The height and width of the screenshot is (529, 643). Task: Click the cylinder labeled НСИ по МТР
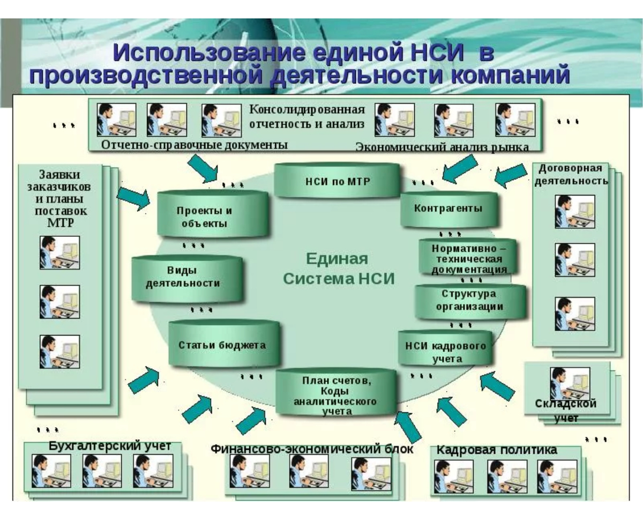click(x=338, y=181)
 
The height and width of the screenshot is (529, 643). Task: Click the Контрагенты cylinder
click(x=448, y=208)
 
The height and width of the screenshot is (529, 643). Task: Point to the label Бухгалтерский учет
click(x=110, y=446)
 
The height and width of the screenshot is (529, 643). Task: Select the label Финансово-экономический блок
click(x=312, y=449)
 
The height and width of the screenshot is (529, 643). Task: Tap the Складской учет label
click(x=565, y=410)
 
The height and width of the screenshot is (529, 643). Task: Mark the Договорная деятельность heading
click(x=571, y=174)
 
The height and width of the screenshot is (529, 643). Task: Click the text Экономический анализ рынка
click(x=442, y=147)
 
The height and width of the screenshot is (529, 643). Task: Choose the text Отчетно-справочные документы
click(x=195, y=145)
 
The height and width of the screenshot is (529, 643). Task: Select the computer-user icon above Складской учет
click(x=570, y=382)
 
